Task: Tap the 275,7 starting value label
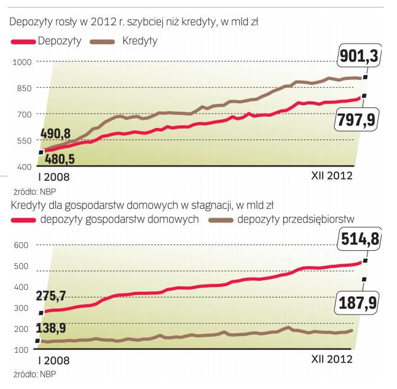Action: [x=56, y=296]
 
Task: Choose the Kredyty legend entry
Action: [x=124, y=42]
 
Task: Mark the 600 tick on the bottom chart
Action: [x=22, y=245]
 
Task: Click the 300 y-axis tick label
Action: [x=22, y=308]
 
